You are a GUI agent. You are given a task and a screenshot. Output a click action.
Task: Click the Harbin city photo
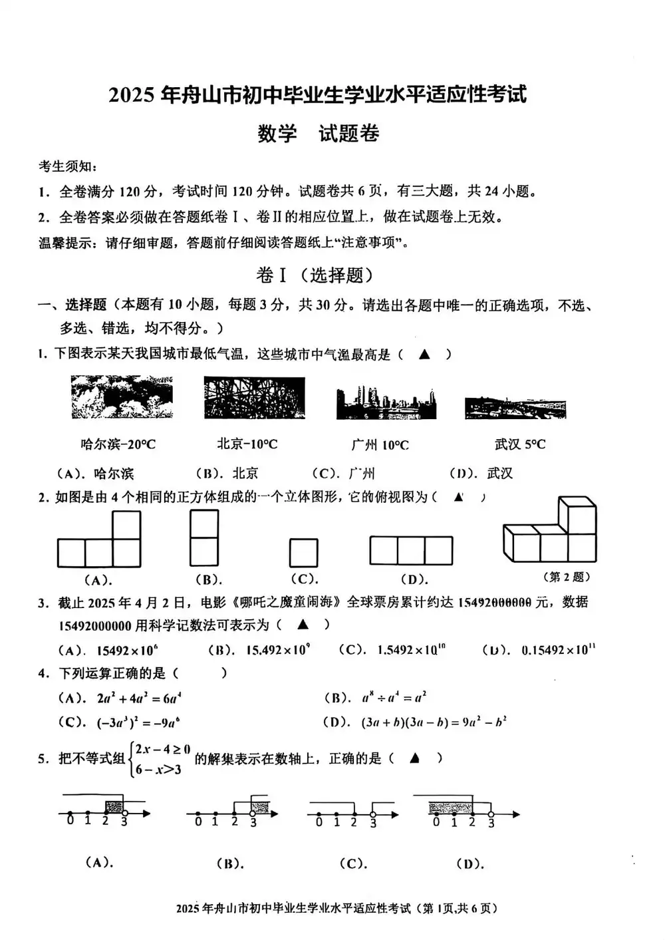tap(122, 397)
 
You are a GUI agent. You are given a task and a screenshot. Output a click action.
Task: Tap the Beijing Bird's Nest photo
tap(255, 398)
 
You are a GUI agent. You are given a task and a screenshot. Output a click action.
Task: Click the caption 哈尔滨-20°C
tap(118, 444)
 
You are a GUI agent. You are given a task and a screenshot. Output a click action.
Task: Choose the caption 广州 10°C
tap(380, 444)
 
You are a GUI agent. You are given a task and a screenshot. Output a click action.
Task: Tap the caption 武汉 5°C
tap(520, 444)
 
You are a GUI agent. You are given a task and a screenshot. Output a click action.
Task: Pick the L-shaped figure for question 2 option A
tap(99, 540)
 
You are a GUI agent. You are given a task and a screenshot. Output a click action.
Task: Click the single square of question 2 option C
tap(303, 553)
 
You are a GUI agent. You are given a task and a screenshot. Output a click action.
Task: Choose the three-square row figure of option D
tap(411, 551)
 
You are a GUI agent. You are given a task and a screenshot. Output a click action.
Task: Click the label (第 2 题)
tap(567, 577)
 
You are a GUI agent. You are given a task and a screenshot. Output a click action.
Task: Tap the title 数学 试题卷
tap(319, 134)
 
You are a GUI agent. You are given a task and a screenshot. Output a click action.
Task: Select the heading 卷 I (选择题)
tap(315, 275)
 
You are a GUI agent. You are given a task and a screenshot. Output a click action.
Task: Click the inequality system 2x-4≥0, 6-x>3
tap(159, 759)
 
